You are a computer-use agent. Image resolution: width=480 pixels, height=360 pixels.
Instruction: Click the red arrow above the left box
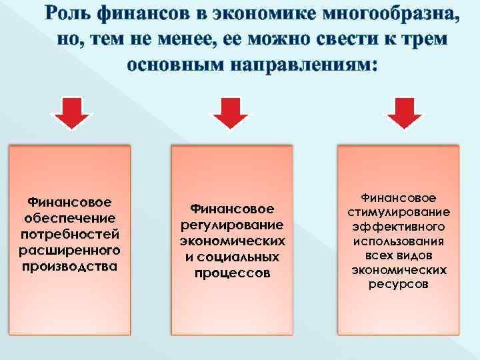click(x=72, y=113)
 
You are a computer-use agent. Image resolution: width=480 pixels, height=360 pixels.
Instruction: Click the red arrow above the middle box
click(x=229, y=113)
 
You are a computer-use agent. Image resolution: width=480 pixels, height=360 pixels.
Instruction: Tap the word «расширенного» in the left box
click(x=69, y=250)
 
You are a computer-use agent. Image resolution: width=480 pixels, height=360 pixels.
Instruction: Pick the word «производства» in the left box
click(x=69, y=267)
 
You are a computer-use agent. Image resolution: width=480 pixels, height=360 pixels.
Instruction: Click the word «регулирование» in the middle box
click(x=232, y=225)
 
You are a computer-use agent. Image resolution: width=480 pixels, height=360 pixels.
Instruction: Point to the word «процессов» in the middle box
click(x=232, y=273)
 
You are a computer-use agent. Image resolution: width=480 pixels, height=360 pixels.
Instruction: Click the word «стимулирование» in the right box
click(x=399, y=212)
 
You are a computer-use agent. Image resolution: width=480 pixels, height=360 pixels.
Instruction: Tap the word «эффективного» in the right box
click(x=399, y=227)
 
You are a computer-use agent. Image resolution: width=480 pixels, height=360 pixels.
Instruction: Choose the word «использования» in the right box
click(x=399, y=241)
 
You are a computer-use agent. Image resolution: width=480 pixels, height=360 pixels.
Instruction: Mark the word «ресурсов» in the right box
click(x=399, y=285)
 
